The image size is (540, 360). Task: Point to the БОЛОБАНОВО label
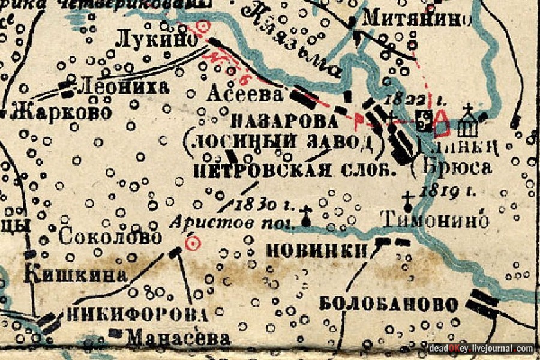click(389, 304)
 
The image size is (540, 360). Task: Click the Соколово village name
click(110, 237)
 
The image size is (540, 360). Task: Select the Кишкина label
click(76, 275)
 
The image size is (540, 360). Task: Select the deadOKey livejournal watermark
click(481, 349)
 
